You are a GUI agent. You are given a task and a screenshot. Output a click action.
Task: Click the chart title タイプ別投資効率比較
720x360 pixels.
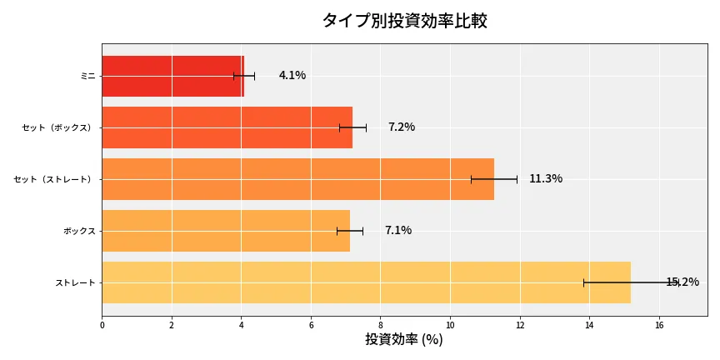coord(404,21)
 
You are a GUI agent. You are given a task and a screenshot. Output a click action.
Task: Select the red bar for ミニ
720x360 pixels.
coord(172,76)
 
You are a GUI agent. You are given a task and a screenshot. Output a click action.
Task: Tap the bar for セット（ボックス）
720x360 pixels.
coord(227,127)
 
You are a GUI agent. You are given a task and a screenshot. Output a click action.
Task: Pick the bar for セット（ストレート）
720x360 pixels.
coord(297,179)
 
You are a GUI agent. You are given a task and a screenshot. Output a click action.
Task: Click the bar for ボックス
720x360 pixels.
coord(226,231)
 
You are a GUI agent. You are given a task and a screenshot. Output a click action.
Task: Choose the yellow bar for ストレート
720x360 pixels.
coord(366,282)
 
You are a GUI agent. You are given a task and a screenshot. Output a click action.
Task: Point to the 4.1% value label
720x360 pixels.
coord(292,76)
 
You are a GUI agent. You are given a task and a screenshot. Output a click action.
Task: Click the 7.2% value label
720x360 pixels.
coord(402,127)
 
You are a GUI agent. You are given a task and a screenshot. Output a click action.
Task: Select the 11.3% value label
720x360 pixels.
coord(546,179)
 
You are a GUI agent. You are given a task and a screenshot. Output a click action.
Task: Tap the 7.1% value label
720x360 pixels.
coord(398,231)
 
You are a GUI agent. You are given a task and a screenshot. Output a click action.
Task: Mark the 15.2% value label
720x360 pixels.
coord(682,282)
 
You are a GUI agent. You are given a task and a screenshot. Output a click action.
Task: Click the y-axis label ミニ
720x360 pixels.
coord(87,76)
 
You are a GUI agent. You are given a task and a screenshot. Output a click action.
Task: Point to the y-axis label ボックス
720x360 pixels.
coord(79,231)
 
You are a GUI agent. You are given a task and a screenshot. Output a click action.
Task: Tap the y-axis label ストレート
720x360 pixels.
coord(75,282)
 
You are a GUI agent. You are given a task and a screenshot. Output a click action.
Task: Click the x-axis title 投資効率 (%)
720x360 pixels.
coord(404,340)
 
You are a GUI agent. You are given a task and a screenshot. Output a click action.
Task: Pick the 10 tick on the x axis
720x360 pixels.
coord(450,326)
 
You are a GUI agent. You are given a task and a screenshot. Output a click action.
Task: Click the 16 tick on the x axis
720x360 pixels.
coord(659,326)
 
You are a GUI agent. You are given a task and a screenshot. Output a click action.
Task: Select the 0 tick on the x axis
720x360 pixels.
coord(102,326)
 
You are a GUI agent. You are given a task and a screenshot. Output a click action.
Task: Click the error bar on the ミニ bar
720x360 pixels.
coord(244,76)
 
